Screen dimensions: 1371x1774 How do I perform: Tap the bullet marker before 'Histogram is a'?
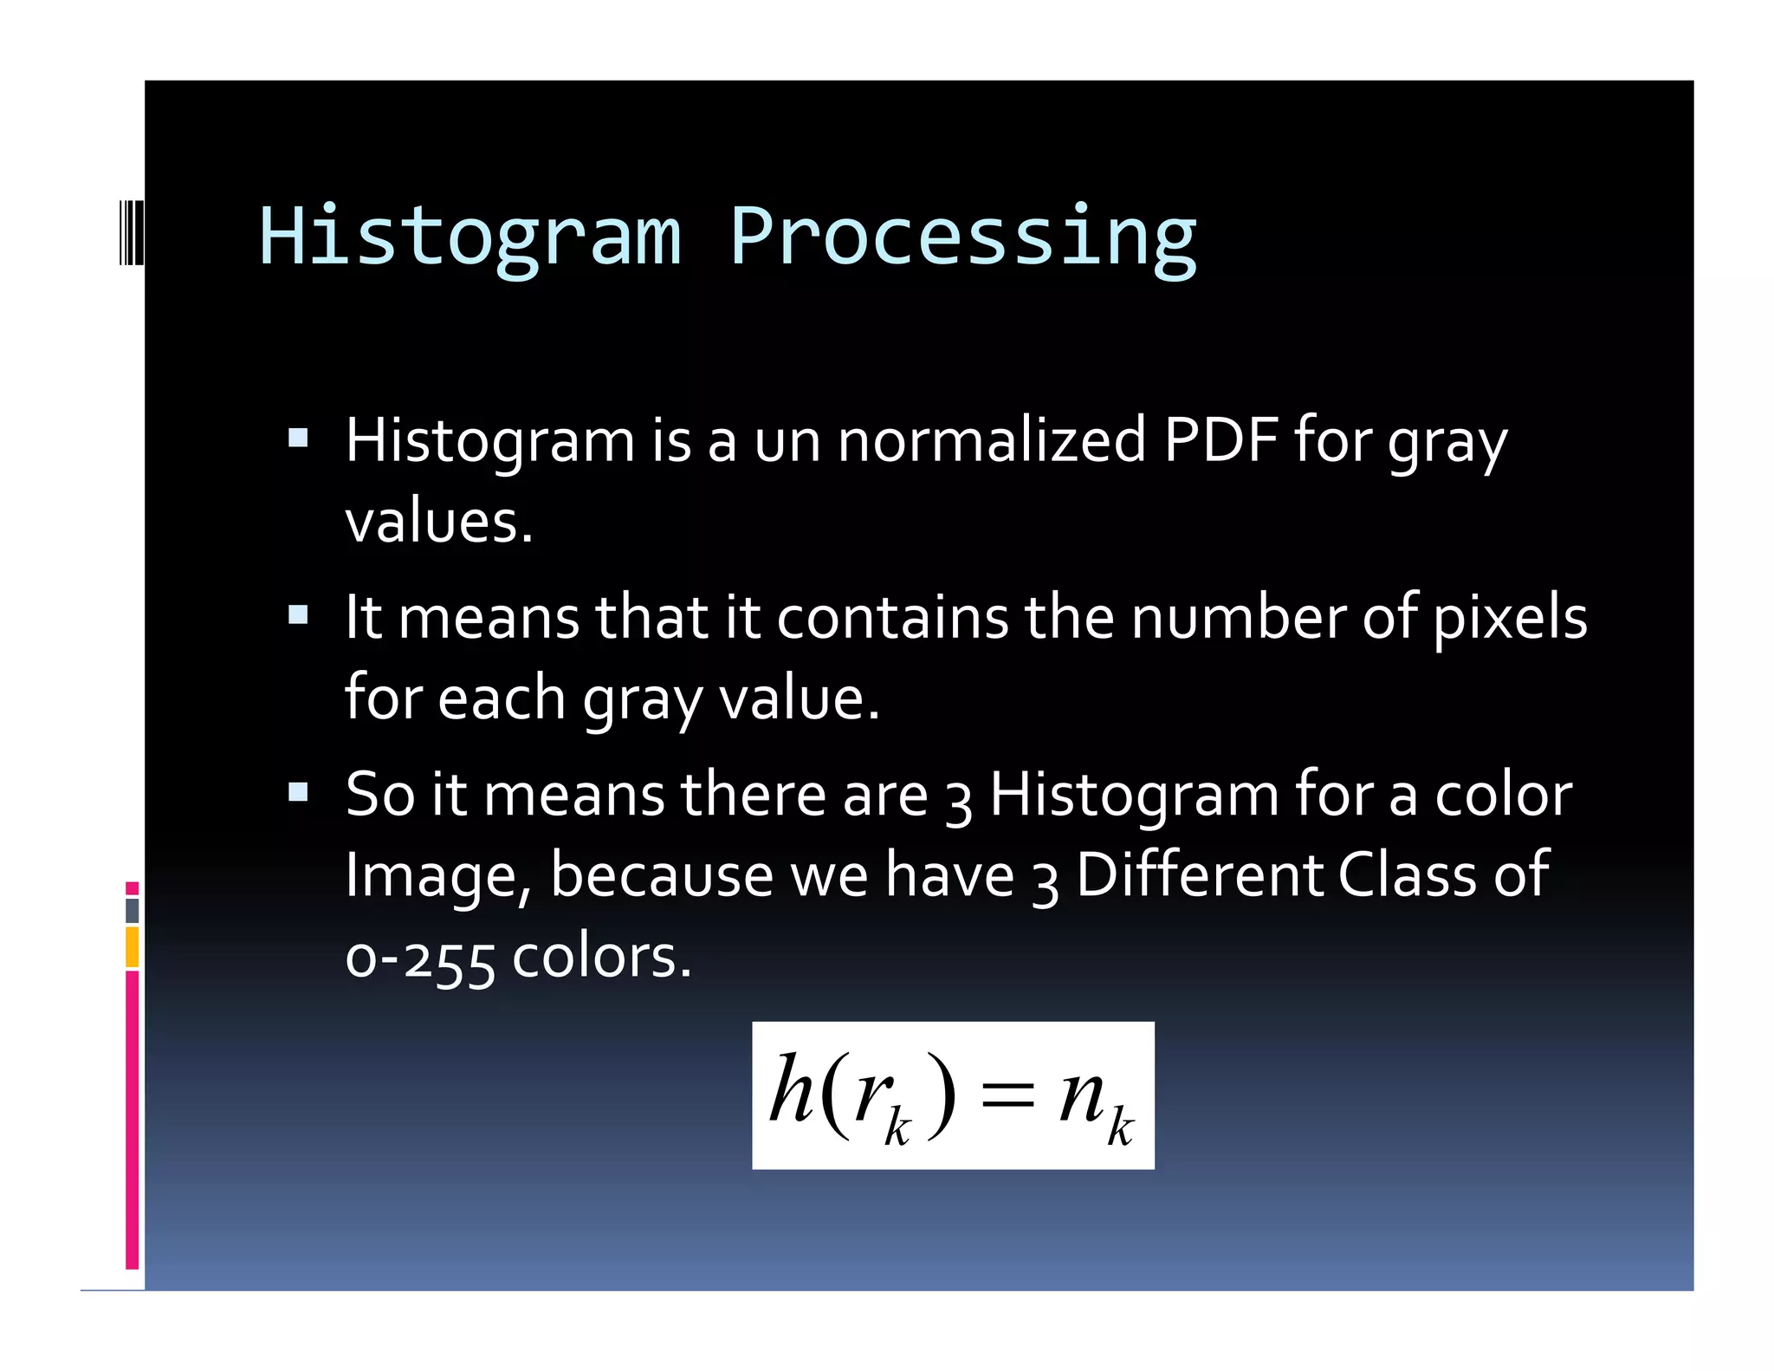(298, 438)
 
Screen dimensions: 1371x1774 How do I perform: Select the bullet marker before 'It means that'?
(298, 615)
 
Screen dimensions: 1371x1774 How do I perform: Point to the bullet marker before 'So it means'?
(298, 792)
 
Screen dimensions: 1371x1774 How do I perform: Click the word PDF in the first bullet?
(1220, 440)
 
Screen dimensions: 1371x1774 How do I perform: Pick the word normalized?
(993, 440)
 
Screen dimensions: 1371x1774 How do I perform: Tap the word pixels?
(1510, 618)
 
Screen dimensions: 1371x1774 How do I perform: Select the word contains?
(892, 618)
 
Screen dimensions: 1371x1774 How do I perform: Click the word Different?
(1199, 875)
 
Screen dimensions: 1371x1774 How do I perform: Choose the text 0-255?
(420, 958)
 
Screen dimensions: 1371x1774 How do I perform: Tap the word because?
(662, 875)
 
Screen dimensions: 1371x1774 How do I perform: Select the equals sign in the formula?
(1007, 1095)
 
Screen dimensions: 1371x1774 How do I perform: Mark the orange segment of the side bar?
(133, 946)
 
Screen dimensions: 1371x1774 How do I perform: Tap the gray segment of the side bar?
(133, 910)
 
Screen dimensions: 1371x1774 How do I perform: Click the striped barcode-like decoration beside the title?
(131, 232)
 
